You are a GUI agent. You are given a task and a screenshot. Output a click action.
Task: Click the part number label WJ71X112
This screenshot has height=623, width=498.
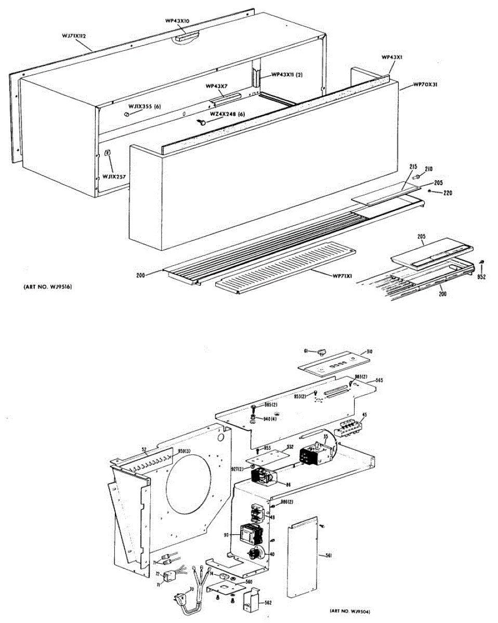click(73, 36)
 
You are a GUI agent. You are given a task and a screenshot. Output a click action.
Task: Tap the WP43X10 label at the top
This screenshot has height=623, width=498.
click(177, 21)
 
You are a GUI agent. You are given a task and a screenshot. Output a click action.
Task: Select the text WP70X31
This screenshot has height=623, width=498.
click(425, 84)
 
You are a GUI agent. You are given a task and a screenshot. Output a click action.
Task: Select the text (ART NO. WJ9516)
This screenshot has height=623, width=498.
click(47, 287)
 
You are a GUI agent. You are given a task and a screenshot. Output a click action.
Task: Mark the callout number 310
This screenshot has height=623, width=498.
click(369, 351)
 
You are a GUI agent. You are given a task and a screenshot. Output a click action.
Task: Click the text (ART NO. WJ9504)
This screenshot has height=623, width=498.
click(353, 611)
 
